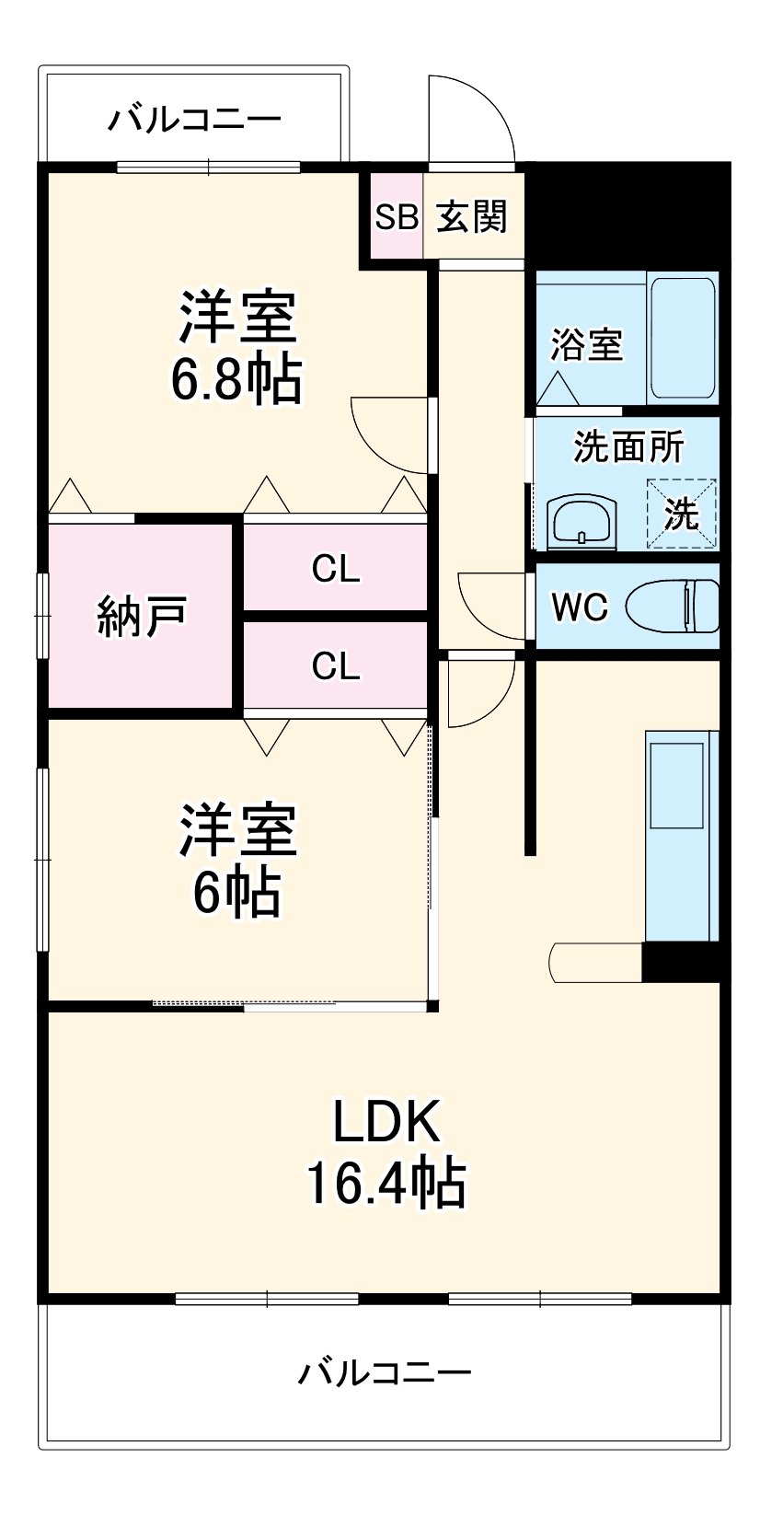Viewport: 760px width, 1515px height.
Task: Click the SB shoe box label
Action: click(x=397, y=217)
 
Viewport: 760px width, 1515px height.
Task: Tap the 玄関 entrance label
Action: click(x=471, y=217)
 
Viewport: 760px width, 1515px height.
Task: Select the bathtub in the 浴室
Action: click(x=682, y=338)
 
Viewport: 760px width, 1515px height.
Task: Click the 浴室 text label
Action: click(x=587, y=344)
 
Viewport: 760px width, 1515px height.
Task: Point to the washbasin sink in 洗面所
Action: click(x=581, y=522)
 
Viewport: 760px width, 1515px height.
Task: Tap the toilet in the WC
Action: click(x=673, y=607)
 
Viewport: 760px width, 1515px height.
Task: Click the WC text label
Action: click(x=580, y=607)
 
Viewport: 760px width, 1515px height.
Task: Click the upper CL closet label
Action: click(x=335, y=570)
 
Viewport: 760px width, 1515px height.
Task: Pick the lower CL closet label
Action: click(x=335, y=665)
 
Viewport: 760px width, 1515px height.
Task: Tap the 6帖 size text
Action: click(x=236, y=891)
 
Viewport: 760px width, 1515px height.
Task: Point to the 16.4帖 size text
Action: click(x=386, y=1183)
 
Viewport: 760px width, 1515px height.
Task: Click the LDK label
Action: click(x=386, y=1122)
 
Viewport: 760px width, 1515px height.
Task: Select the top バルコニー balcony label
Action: click(x=195, y=120)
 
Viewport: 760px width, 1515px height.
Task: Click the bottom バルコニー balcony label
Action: click(x=385, y=1373)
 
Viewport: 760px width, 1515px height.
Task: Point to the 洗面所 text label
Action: click(x=628, y=446)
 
